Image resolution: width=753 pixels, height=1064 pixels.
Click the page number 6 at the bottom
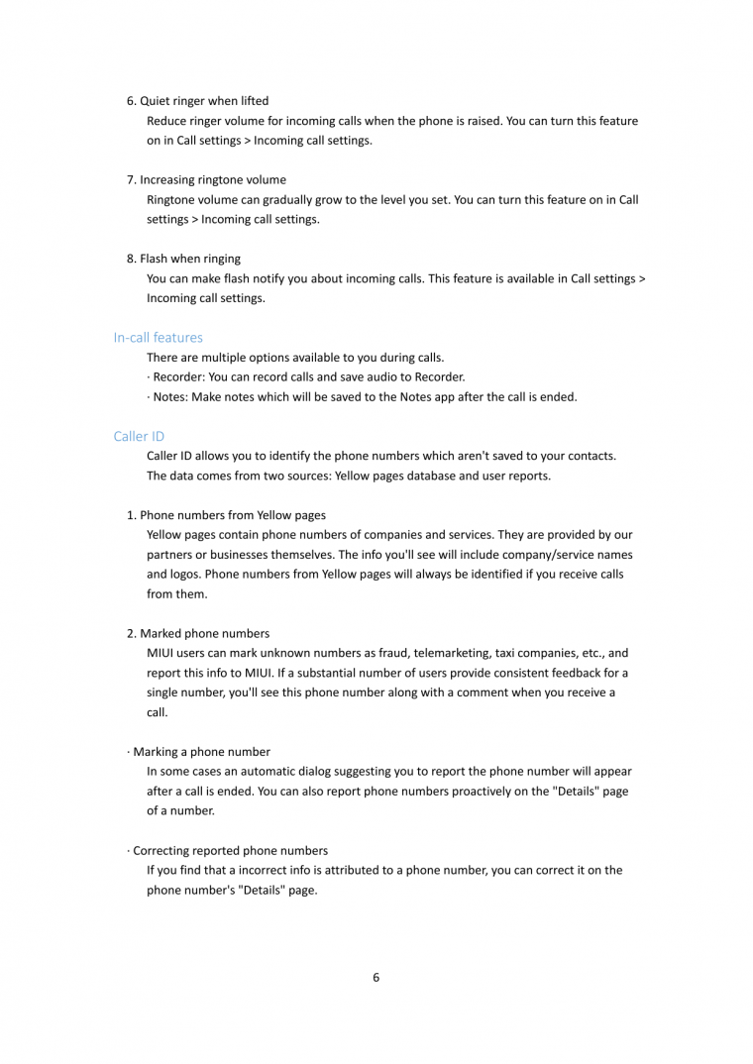[x=376, y=978]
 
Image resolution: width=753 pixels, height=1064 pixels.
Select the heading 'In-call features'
[x=158, y=338]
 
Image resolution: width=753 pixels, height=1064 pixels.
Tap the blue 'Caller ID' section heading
[x=139, y=436]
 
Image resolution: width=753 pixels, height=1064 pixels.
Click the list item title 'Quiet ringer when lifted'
[x=203, y=101]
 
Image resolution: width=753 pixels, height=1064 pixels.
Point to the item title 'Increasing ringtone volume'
[x=212, y=180]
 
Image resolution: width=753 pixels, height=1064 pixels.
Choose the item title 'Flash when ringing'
[x=189, y=259]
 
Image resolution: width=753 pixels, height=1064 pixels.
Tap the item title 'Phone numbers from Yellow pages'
[x=232, y=515]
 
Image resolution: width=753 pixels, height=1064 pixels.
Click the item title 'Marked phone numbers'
[x=204, y=634]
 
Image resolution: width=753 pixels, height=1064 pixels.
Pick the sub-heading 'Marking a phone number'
[x=201, y=752]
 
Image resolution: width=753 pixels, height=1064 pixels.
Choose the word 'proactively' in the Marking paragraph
[x=469, y=792]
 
